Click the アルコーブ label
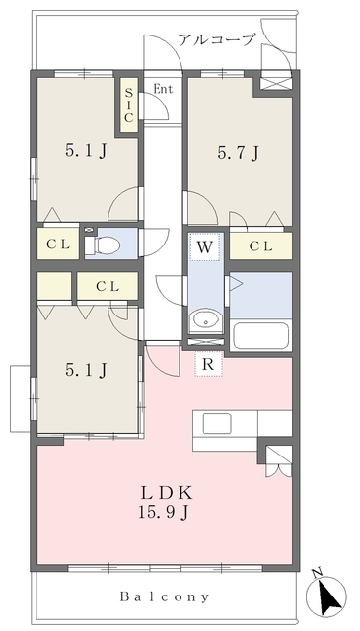click(217, 39)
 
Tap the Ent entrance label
click(163, 89)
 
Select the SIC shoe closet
click(128, 105)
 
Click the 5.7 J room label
click(238, 153)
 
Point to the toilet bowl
click(104, 244)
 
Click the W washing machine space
click(205, 247)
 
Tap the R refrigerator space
click(208, 364)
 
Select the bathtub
click(261, 335)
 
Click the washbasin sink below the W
click(206, 320)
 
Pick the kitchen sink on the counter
click(217, 423)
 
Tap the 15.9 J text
click(165, 512)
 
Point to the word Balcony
click(165, 596)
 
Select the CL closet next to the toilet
click(58, 244)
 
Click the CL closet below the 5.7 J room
click(261, 245)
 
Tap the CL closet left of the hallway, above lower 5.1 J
click(108, 286)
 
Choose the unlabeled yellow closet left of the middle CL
click(54, 286)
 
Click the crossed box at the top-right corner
click(275, 83)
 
